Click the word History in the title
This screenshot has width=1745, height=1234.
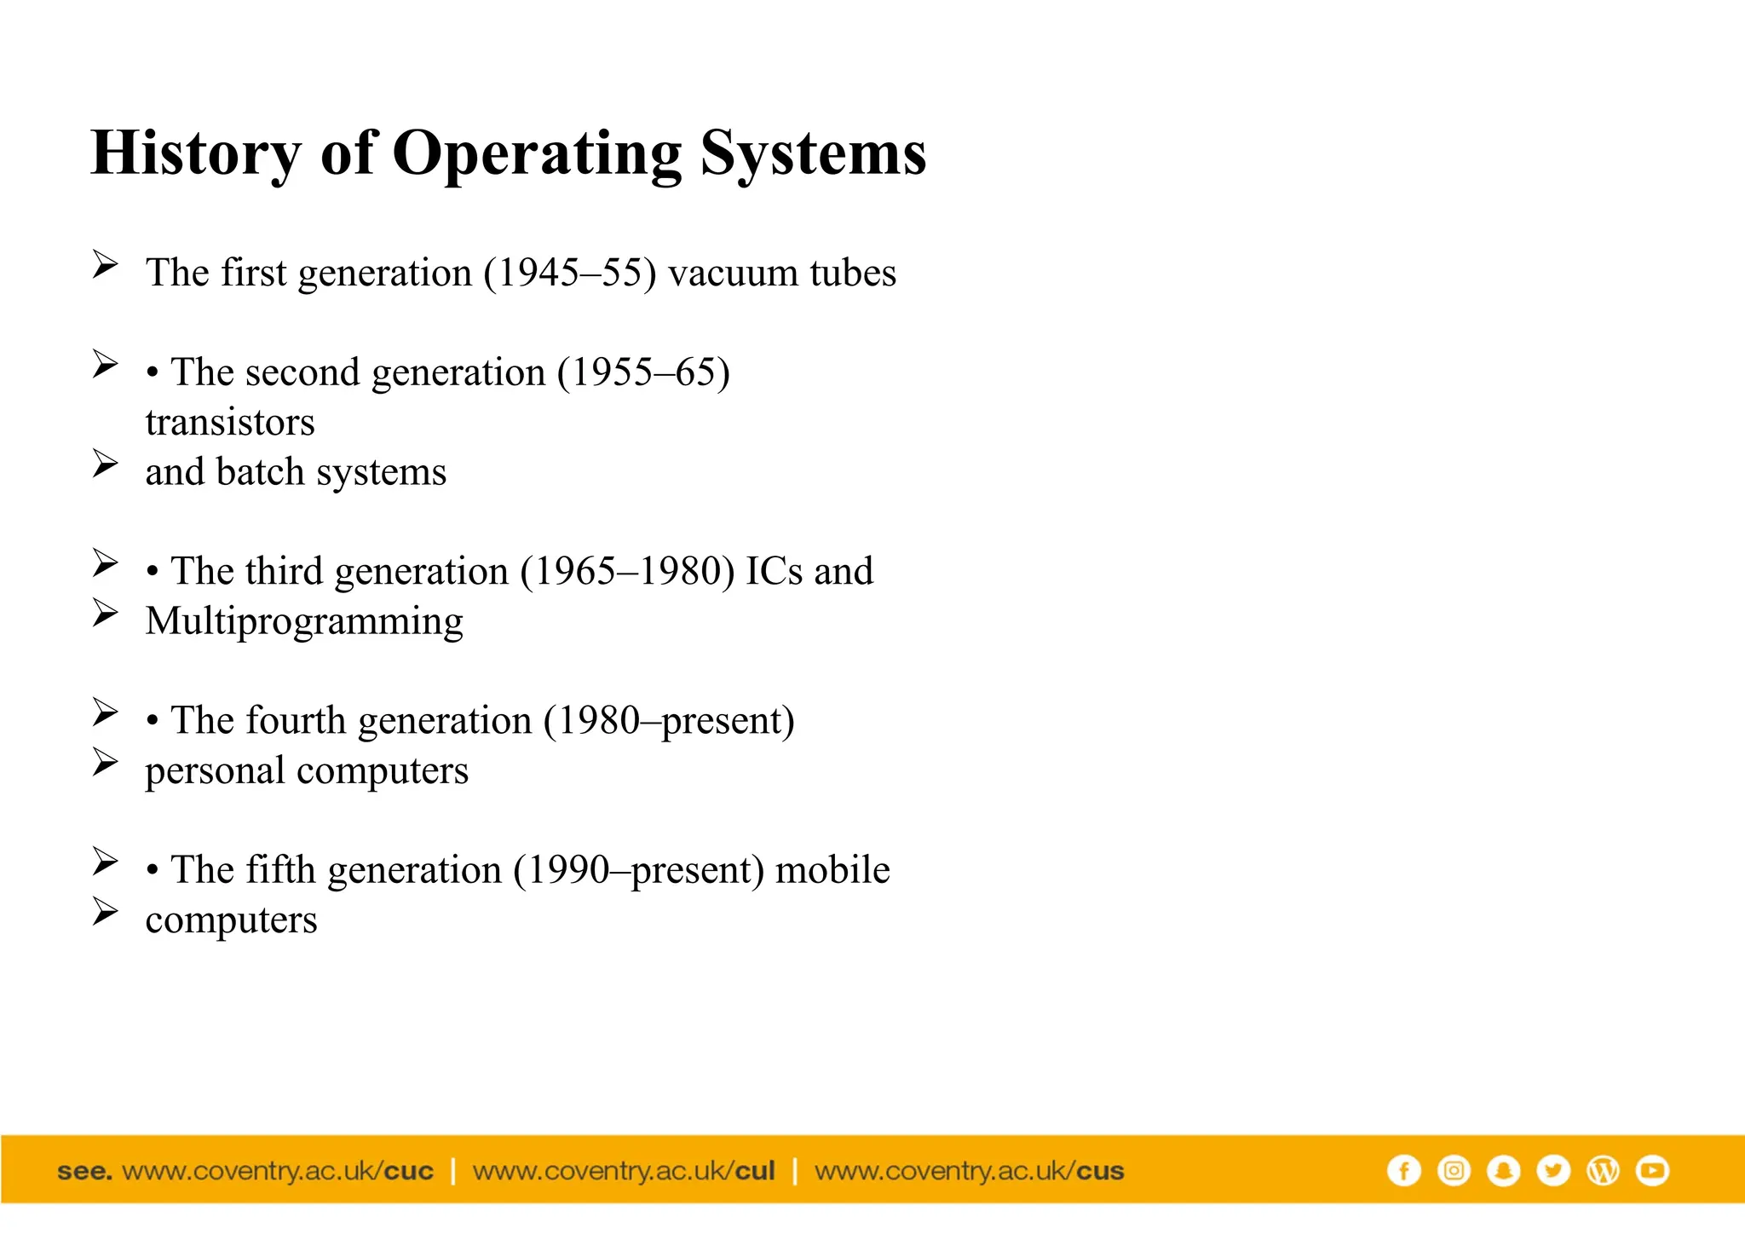coord(196,153)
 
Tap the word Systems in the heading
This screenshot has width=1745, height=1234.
coord(813,153)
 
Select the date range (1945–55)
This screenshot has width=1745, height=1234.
coord(570,274)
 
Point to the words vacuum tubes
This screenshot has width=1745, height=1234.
coord(781,274)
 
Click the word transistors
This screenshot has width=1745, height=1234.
coord(230,423)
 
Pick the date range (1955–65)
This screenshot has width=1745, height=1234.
coord(643,372)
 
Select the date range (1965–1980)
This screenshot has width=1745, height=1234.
coord(627,572)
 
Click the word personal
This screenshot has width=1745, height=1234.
coord(215,771)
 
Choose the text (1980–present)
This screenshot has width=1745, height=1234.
coord(669,721)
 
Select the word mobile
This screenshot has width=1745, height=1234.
coord(832,870)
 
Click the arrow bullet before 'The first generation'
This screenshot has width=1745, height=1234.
coord(105,264)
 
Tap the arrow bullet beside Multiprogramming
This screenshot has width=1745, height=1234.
coord(105,613)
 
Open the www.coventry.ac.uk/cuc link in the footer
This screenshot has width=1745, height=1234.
coord(278,1171)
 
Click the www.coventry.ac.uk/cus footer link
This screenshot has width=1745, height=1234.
coord(969,1171)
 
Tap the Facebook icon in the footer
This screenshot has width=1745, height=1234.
coord(1403,1170)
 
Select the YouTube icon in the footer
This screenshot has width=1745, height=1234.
coord(1652,1170)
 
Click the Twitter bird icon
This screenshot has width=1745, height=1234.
coord(1552,1170)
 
